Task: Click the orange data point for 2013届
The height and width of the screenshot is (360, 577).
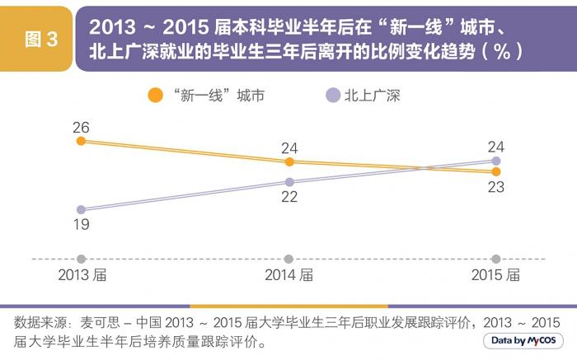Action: click(81, 141)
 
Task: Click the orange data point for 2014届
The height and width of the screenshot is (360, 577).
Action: click(288, 161)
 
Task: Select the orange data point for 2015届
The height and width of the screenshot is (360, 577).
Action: click(495, 171)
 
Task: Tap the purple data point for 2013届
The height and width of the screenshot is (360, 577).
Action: click(81, 209)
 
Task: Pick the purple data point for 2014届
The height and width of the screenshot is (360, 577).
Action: click(288, 181)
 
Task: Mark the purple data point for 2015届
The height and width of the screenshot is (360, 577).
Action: click(495, 161)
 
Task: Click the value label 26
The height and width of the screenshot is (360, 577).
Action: click(81, 127)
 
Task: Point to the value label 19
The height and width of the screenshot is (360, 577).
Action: click(81, 224)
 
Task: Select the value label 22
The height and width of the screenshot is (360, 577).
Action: click(288, 197)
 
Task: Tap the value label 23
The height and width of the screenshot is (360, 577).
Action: click(495, 187)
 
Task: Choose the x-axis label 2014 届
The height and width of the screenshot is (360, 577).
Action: click(288, 275)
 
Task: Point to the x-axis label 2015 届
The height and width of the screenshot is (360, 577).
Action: click(495, 275)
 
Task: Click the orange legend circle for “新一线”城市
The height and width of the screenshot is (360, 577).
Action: click(155, 96)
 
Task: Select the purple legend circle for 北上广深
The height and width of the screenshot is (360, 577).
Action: click(332, 96)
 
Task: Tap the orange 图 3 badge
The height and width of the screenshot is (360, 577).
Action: click(40, 40)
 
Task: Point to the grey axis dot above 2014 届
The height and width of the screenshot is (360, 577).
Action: click(288, 259)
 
